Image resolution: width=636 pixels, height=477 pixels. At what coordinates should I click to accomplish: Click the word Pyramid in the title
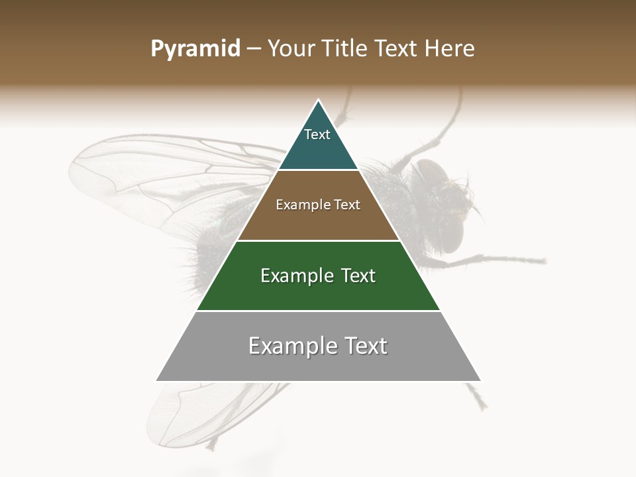(195, 49)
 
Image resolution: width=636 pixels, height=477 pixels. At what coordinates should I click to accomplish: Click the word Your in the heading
(291, 49)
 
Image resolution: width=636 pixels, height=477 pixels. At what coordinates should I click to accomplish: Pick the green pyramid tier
(318, 291)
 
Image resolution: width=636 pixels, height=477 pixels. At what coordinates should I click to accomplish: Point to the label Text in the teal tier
(317, 134)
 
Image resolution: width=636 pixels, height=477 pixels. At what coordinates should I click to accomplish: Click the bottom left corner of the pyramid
(157, 381)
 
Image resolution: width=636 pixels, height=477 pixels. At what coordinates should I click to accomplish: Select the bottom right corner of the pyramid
(480, 381)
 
